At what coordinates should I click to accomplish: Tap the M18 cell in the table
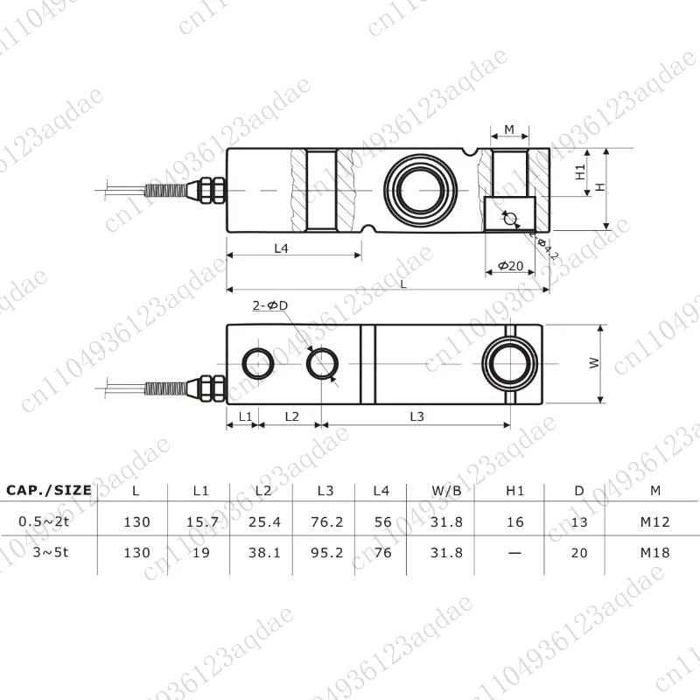[654, 552]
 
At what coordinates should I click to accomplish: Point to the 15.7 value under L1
[203, 522]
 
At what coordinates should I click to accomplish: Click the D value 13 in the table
[579, 522]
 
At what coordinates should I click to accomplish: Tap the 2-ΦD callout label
[269, 305]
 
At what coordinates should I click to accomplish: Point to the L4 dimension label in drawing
[281, 248]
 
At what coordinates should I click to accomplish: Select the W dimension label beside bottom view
[594, 363]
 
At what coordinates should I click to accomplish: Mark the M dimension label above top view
[509, 130]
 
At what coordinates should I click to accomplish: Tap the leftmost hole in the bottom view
[257, 362]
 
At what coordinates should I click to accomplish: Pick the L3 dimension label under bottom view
[416, 417]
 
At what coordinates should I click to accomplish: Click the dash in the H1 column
[514, 552]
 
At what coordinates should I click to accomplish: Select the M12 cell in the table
[654, 522]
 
